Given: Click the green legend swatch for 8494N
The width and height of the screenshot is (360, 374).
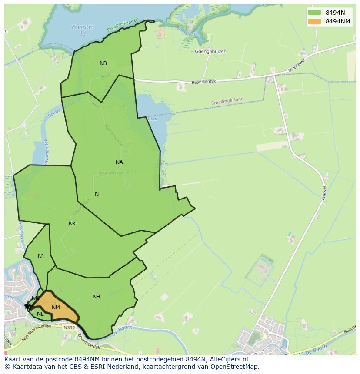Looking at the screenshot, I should coord(314,13).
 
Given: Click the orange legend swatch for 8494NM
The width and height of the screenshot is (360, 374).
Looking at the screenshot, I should coord(314,21).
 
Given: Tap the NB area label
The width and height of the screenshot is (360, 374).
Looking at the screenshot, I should coord(103,63).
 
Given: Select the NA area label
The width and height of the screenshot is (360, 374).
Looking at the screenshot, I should coord(119,162).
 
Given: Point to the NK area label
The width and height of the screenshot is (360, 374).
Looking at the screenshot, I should coord(72,224).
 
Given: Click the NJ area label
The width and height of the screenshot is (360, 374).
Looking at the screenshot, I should coord(41,256).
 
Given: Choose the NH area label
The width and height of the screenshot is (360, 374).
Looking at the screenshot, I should coord(97,297).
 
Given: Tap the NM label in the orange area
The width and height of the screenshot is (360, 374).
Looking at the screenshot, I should coord(56,308).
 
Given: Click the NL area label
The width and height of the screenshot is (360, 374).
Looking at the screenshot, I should coord(40,314).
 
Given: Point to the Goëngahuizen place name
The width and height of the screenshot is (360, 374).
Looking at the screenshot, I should coord(211,51).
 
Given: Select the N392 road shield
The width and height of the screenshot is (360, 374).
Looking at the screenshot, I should coord(68,328).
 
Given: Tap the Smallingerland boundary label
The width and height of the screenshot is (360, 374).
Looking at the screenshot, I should coord(227,101).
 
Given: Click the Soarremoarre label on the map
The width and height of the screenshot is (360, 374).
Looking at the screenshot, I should coord(114,172).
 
